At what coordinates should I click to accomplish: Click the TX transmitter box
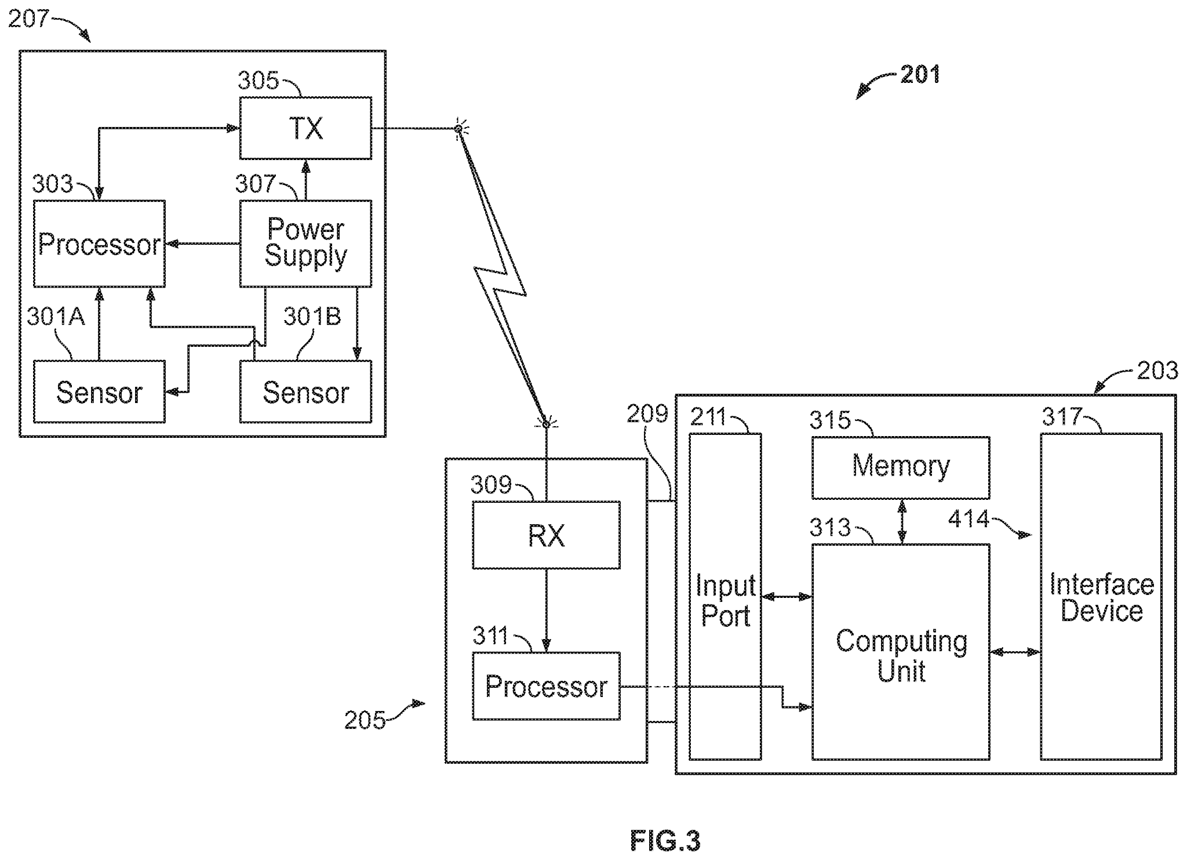[x=305, y=128]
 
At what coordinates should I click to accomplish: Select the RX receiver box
[x=546, y=535]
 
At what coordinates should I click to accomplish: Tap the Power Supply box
[x=305, y=244]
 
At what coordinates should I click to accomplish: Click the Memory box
[x=900, y=467]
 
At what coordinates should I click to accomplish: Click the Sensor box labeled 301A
[x=99, y=392]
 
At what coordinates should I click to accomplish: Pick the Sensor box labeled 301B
[x=305, y=392]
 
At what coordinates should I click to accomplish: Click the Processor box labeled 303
[x=99, y=244]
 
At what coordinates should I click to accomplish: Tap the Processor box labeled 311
[x=546, y=686]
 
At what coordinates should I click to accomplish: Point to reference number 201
[x=920, y=75]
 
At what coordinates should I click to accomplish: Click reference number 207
[x=28, y=19]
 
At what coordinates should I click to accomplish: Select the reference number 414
[x=968, y=518]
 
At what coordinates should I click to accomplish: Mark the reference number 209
[x=647, y=414]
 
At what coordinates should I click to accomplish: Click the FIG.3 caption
[x=665, y=840]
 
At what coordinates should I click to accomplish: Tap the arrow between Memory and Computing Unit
[x=902, y=521]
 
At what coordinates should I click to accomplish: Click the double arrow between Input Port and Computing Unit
[x=786, y=596]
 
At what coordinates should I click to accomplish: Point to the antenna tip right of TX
[x=458, y=128]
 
